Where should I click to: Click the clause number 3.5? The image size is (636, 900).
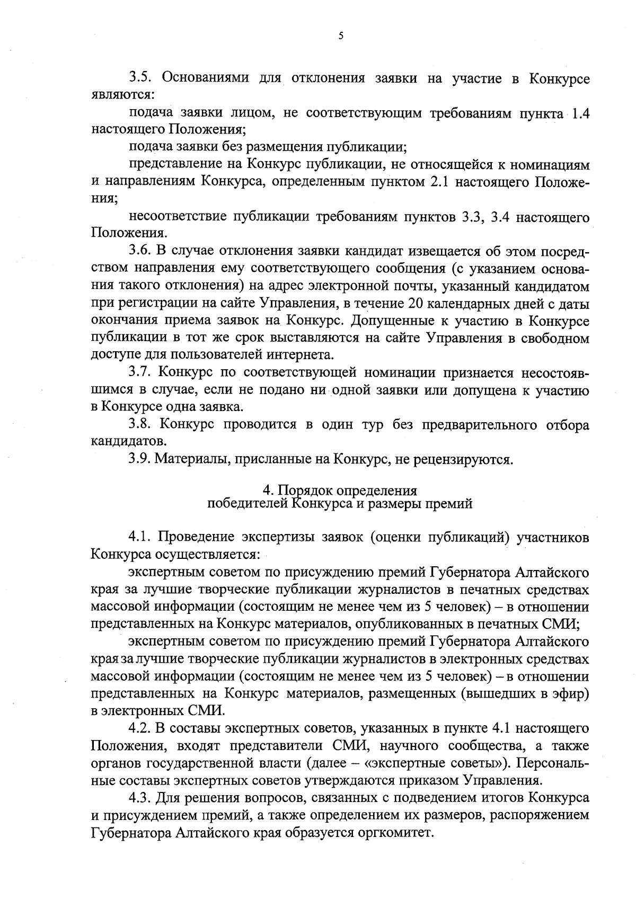pyautogui.click(x=141, y=78)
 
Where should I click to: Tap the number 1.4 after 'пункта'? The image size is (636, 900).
pyautogui.click(x=579, y=113)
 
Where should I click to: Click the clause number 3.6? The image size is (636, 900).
pyautogui.click(x=141, y=251)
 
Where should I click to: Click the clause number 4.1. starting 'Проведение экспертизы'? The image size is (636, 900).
pyautogui.click(x=141, y=538)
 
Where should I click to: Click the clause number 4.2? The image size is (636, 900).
pyautogui.click(x=141, y=728)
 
